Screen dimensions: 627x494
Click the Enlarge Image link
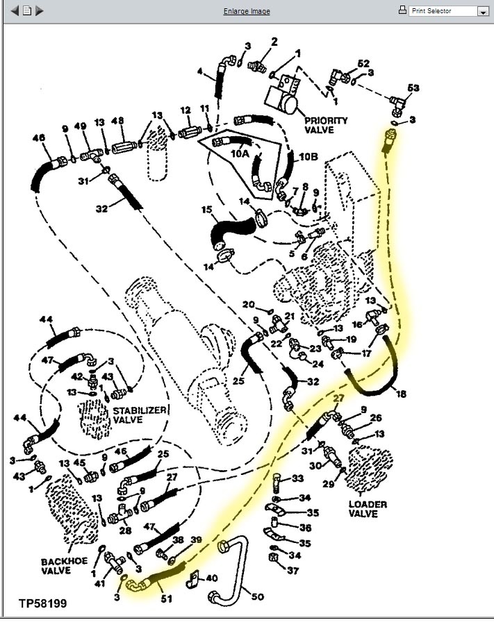click(247, 11)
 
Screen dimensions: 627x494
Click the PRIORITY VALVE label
click(325, 125)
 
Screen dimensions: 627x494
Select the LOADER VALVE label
click(368, 509)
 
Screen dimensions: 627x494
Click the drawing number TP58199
click(43, 603)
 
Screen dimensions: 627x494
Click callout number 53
click(413, 88)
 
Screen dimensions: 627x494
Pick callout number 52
click(363, 64)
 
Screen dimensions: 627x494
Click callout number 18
click(401, 394)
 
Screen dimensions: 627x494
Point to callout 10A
click(240, 153)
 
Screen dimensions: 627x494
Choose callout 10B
click(308, 158)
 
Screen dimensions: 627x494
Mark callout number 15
click(206, 210)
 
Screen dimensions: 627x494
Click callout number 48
click(117, 121)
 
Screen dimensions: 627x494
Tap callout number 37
click(294, 571)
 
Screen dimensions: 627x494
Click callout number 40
click(211, 578)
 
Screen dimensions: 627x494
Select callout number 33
click(297, 479)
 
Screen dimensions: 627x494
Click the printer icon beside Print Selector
click(402, 10)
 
